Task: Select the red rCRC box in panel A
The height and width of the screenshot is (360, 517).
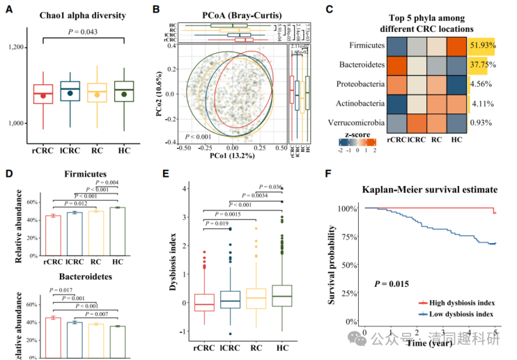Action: click(x=43, y=93)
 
